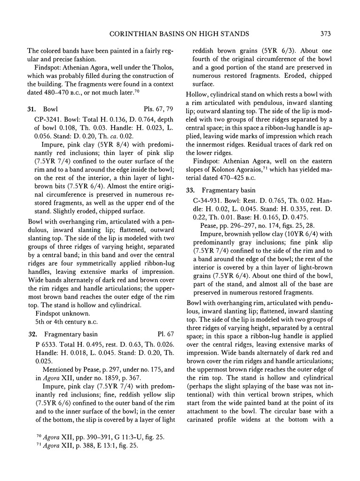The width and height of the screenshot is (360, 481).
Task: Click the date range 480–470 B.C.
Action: click(67, 92)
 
